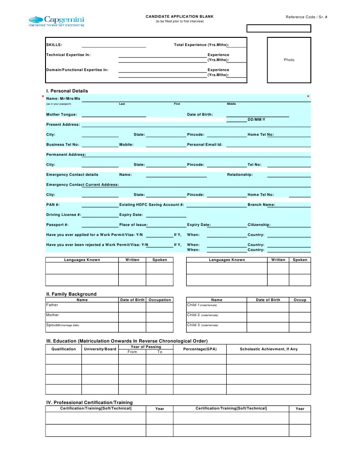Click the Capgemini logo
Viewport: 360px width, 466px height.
point(56,21)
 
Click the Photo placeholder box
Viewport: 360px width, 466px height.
point(289,60)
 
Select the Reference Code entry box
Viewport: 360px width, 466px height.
point(279,29)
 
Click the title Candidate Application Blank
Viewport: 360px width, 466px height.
point(179,16)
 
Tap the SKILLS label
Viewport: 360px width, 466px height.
point(54,45)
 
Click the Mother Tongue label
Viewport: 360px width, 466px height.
point(61,115)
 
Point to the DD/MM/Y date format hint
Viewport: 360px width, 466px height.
point(256,119)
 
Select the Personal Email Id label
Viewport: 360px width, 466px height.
point(205,144)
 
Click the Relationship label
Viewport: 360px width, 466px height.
point(240,174)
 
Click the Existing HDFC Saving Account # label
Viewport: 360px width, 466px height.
point(152,205)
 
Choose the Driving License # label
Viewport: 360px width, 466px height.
point(64,215)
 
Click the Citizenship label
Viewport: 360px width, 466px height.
point(259,225)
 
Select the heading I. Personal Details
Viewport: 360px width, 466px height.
point(67,91)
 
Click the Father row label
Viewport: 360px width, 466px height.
point(52,305)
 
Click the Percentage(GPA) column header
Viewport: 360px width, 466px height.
point(200,349)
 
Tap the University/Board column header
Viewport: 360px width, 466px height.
point(100,349)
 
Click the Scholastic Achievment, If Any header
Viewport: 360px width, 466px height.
point(269,349)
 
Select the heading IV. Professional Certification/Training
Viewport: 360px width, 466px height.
point(90,403)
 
